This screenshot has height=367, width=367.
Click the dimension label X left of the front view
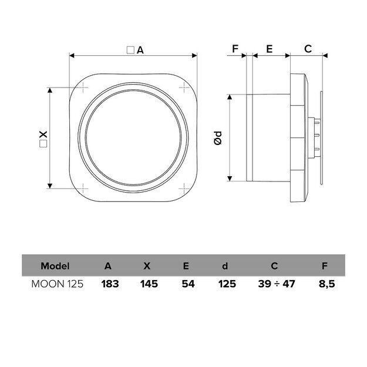coord(43,139)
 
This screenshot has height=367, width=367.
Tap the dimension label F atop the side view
coord(235,49)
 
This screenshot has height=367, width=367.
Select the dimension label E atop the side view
coord(269,49)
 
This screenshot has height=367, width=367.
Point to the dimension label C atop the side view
coord(307,49)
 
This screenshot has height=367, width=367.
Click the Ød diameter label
coord(218,139)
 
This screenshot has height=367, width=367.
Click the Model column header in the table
coord(55,265)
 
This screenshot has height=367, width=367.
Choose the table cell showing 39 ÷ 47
coord(277,284)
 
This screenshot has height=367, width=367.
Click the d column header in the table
coord(225,265)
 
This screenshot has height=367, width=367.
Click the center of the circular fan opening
coord(133,139)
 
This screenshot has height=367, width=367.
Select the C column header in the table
coord(274,265)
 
